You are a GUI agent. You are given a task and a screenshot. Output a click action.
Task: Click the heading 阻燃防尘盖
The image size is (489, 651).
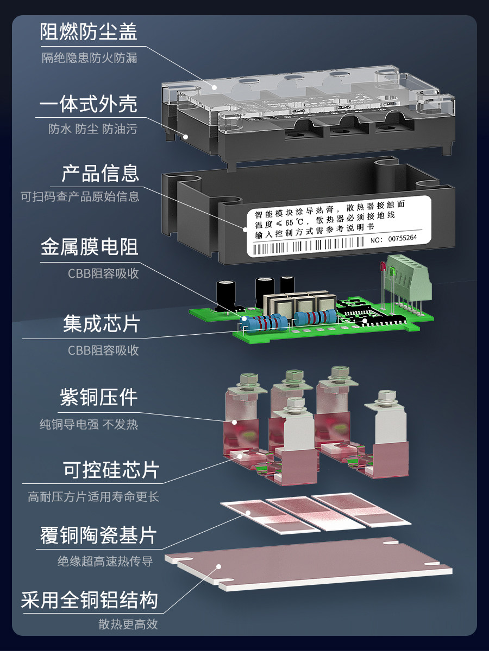pyautogui.click(x=89, y=31)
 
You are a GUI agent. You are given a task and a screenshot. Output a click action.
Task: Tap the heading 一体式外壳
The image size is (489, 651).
pyautogui.click(x=89, y=104)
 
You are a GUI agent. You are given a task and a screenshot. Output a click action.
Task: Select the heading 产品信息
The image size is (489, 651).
pyautogui.click(x=101, y=173)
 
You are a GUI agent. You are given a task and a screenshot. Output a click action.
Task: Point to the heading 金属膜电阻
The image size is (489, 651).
pyautogui.click(x=89, y=247)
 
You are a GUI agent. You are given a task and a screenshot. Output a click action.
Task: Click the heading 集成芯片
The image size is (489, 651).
pyautogui.click(x=101, y=323)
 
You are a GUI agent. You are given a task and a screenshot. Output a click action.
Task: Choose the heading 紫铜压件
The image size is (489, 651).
pyautogui.click(x=98, y=398)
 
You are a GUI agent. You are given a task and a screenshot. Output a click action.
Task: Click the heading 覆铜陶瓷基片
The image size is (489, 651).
pyautogui.click(x=98, y=535)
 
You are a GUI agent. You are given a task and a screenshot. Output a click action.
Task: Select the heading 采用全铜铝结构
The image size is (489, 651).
pyautogui.click(x=89, y=600)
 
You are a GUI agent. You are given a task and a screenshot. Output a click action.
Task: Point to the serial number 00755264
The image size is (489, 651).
pyautogui.click(x=402, y=238)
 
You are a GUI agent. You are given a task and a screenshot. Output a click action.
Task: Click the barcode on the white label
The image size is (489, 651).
pyautogui.click(x=308, y=246)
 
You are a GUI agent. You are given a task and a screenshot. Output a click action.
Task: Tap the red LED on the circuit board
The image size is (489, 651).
pyautogui.click(x=383, y=266)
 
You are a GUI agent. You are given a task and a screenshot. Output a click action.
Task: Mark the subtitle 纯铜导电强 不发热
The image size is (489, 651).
pyautogui.click(x=89, y=424)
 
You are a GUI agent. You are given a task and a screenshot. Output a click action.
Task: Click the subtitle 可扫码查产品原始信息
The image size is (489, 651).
pyautogui.click(x=80, y=196)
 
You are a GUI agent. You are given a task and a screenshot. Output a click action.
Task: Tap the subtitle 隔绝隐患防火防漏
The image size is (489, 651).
pyautogui.click(x=89, y=58)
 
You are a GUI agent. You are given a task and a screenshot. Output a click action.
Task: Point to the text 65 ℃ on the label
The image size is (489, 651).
pyautogui.click(x=294, y=222)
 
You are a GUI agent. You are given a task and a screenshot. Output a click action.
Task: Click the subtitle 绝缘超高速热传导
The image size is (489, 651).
pyautogui.click(x=105, y=561)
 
